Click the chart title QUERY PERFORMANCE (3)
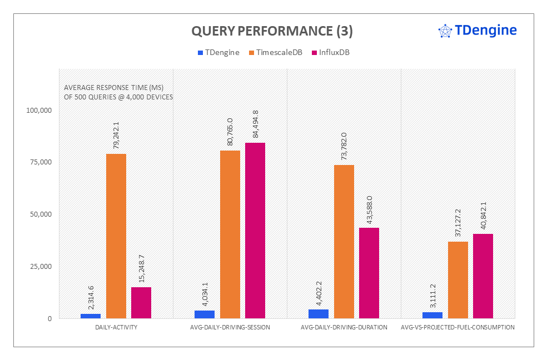272,31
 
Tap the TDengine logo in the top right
478,31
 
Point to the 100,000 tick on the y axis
39,110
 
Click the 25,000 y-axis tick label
41,267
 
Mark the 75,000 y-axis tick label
41,162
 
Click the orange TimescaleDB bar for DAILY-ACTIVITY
116,236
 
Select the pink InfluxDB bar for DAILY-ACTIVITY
141,302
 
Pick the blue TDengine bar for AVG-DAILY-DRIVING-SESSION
205,314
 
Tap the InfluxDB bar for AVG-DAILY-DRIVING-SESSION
255,230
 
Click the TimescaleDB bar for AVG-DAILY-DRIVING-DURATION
344,241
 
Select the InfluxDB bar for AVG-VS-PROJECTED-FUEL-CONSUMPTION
483,276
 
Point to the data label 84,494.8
255,125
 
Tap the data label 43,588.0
369,210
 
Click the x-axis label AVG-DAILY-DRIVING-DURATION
344,327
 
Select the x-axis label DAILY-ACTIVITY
116,327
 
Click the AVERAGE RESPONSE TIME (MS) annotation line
113,87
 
